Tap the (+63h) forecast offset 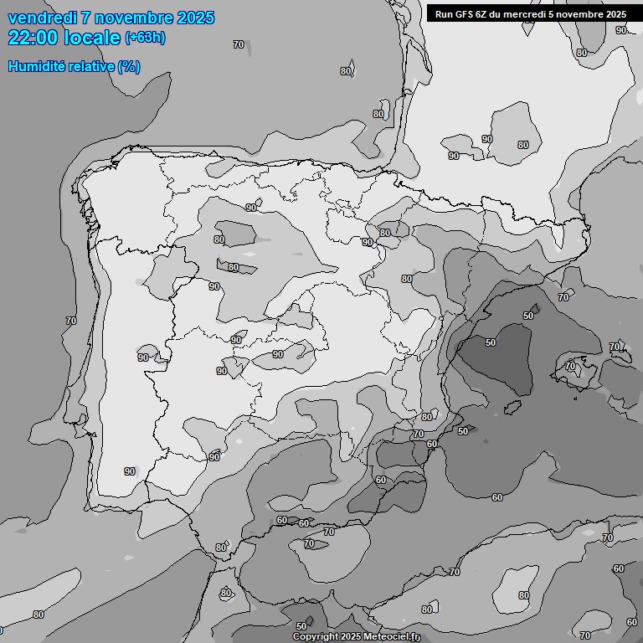[x=146, y=38]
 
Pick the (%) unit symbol [x=129, y=66]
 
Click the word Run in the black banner [x=444, y=14]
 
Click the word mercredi [x=529, y=14]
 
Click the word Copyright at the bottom [x=316, y=637]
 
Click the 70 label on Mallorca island [x=570, y=366]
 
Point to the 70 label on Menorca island [x=615, y=347]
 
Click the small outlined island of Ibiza [x=512, y=407]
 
